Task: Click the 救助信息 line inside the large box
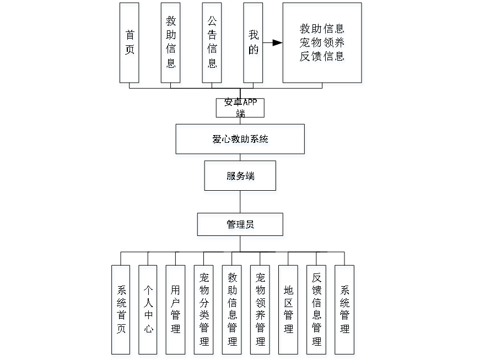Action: tap(323, 29)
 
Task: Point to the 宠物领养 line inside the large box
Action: tap(323, 43)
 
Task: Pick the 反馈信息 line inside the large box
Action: tap(323, 56)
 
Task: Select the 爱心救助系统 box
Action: tap(241, 141)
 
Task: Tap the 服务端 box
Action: tap(241, 177)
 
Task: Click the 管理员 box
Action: tap(241, 226)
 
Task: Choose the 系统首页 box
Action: tap(122, 311)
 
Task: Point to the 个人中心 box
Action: tap(149, 311)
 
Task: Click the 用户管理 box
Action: tap(176, 311)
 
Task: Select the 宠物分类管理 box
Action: tap(204, 311)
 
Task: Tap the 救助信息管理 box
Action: tap(233, 311)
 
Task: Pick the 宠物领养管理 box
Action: tap(261, 311)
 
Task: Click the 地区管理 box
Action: tap(289, 311)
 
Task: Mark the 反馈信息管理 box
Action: tap(317, 311)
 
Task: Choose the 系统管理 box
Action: tap(345, 311)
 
